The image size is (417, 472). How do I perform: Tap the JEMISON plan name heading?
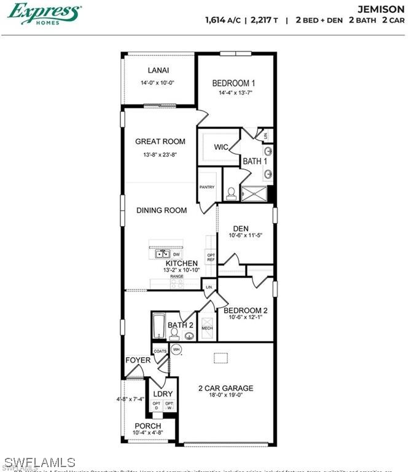pos(381,9)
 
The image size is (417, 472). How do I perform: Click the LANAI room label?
pos(158,71)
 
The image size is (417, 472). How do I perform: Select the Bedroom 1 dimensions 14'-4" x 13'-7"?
pos(235,93)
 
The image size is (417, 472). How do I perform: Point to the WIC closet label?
pos(221,147)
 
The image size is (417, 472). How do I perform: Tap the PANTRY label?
pos(206,187)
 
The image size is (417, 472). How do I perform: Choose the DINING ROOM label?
pos(162,210)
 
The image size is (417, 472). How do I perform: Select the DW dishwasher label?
pos(177,254)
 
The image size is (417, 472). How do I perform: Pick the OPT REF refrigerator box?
pos(211,258)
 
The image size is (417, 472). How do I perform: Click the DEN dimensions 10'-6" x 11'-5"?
pos(245,235)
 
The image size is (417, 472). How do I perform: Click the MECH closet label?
pos(207,329)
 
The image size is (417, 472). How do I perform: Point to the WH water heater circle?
pos(176,350)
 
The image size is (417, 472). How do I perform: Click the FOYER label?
pos(138,360)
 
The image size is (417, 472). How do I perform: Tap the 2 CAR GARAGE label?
pos(225,388)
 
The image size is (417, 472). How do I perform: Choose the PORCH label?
pos(148,426)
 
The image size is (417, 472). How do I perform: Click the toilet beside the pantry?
pos(231,193)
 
